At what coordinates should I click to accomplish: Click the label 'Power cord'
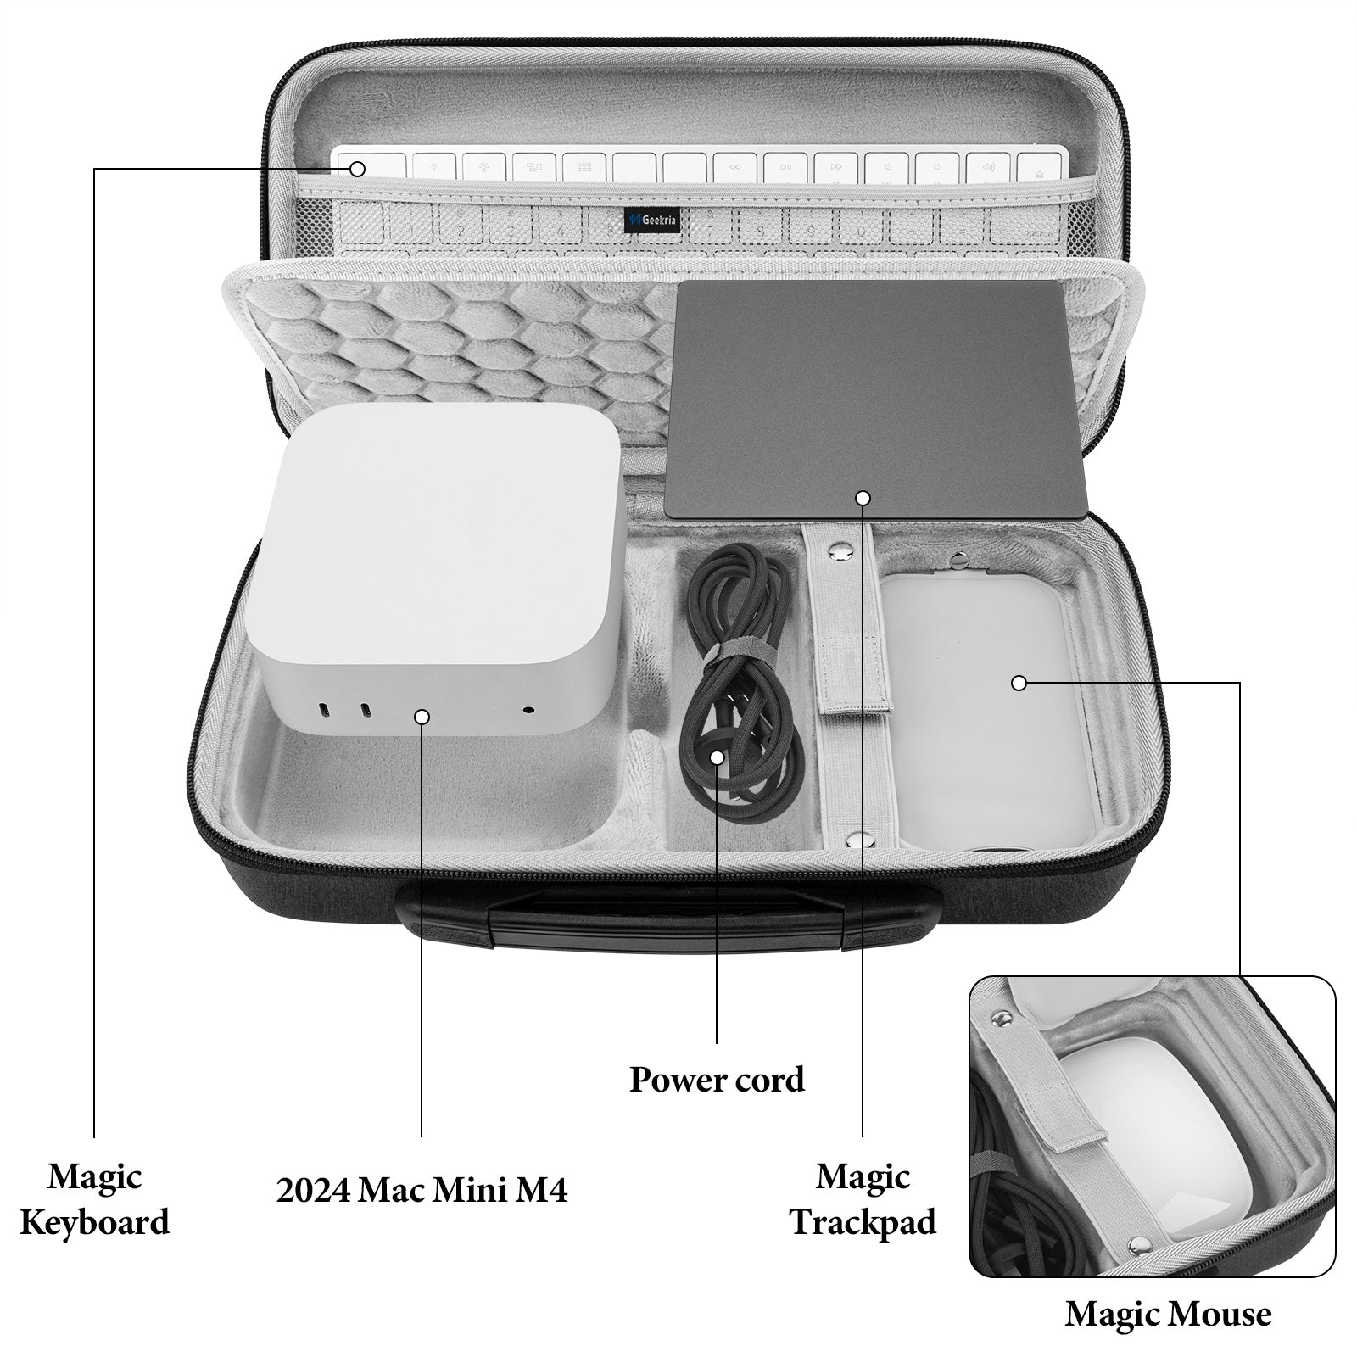[x=717, y=1080]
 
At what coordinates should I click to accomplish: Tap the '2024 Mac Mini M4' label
[x=422, y=1190]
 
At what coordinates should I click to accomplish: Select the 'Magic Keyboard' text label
[x=94, y=1199]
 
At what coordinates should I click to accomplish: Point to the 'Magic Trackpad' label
[x=863, y=1199]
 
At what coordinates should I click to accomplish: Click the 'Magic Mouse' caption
[x=1168, y=1314]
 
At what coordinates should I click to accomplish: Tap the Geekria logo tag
[x=652, y=221]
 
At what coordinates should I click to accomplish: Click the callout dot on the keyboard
[x=357, y=169]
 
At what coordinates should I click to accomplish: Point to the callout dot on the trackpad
[x=863, y=498]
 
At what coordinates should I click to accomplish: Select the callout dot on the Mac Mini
[x=422, y=717]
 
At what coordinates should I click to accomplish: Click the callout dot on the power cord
[x=718, y=757]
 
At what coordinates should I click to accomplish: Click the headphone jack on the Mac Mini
[x=530, y=711]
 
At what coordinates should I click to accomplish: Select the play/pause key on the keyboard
[x=786, y=168]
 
